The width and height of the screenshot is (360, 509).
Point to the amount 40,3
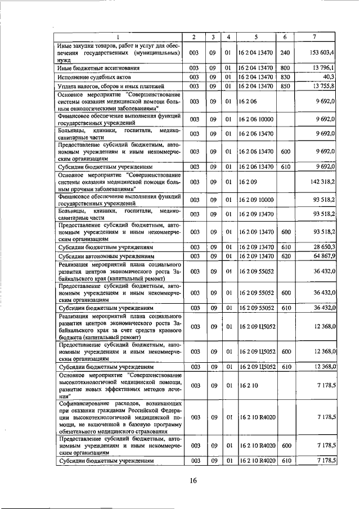point(329,76)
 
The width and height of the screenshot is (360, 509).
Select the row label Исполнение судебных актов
point(90,77)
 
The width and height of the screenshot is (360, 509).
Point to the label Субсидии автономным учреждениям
point(105,256)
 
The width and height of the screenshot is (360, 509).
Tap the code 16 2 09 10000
point(256,200)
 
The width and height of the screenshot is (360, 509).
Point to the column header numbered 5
point(255,37)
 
